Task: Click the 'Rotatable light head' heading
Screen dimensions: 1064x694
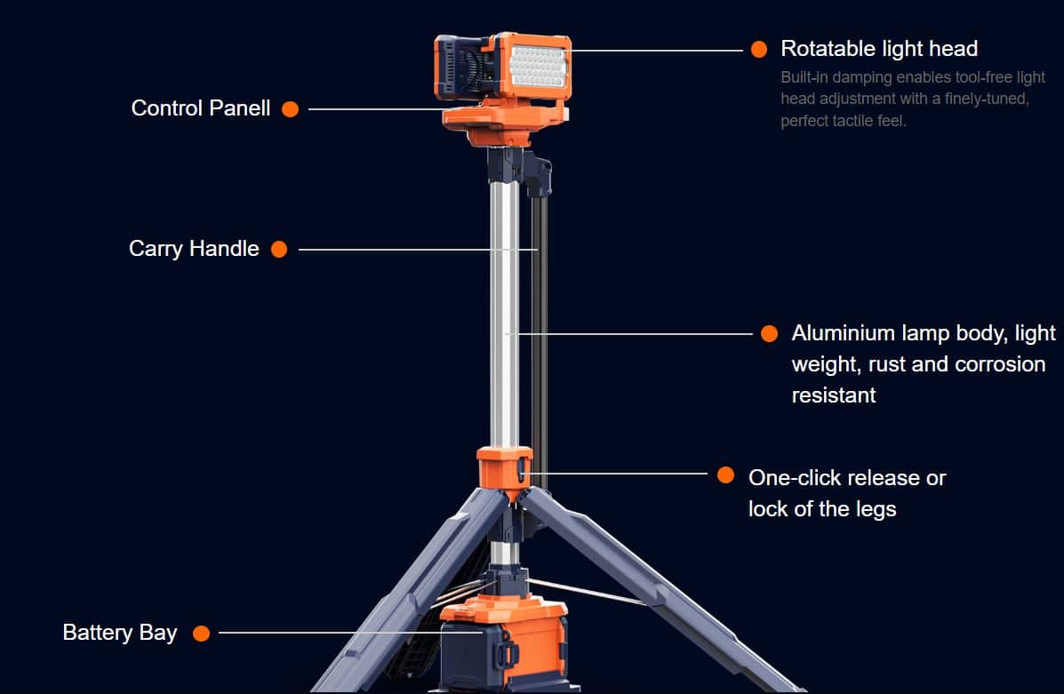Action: tap(879, 49)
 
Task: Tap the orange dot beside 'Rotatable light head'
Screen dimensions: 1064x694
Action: tap(758, 49)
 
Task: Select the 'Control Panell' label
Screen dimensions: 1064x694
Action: tap(201, 108)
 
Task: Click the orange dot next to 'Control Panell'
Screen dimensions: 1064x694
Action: tap(291, 109)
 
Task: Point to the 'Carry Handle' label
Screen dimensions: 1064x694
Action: tap(194, 248)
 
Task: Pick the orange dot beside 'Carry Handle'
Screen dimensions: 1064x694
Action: tap(279, 249)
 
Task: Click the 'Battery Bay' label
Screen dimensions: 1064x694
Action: tap(120, 633)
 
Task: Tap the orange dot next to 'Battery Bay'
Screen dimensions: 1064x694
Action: tap(201, 633)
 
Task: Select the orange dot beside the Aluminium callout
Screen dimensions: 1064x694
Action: tap(769, 333)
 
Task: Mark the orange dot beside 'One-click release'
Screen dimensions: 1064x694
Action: tap(725, 475)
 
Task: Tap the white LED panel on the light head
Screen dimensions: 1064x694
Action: tap(538, 66)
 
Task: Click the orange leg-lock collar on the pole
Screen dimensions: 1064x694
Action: tap(504, 469)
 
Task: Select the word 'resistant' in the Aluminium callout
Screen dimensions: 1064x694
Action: tap(834, 395)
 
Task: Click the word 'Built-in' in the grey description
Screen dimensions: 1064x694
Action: tap(804, 77)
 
